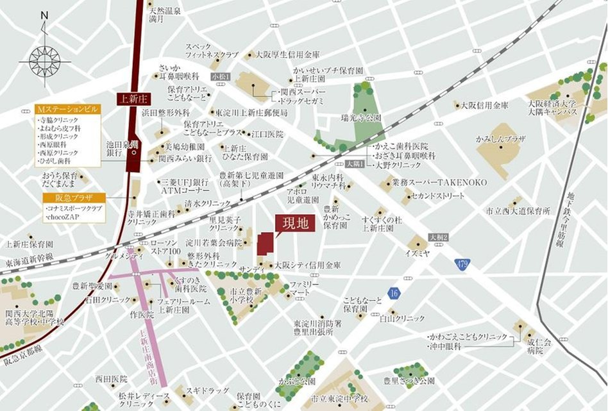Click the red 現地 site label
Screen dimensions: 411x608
(295, 223)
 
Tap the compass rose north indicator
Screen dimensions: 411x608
(44, 58)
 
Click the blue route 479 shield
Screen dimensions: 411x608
(462, 263)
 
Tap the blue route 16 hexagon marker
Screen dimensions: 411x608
(393, 293)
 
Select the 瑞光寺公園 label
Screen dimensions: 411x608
(361, 118)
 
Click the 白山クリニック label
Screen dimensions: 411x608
(403, 318)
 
